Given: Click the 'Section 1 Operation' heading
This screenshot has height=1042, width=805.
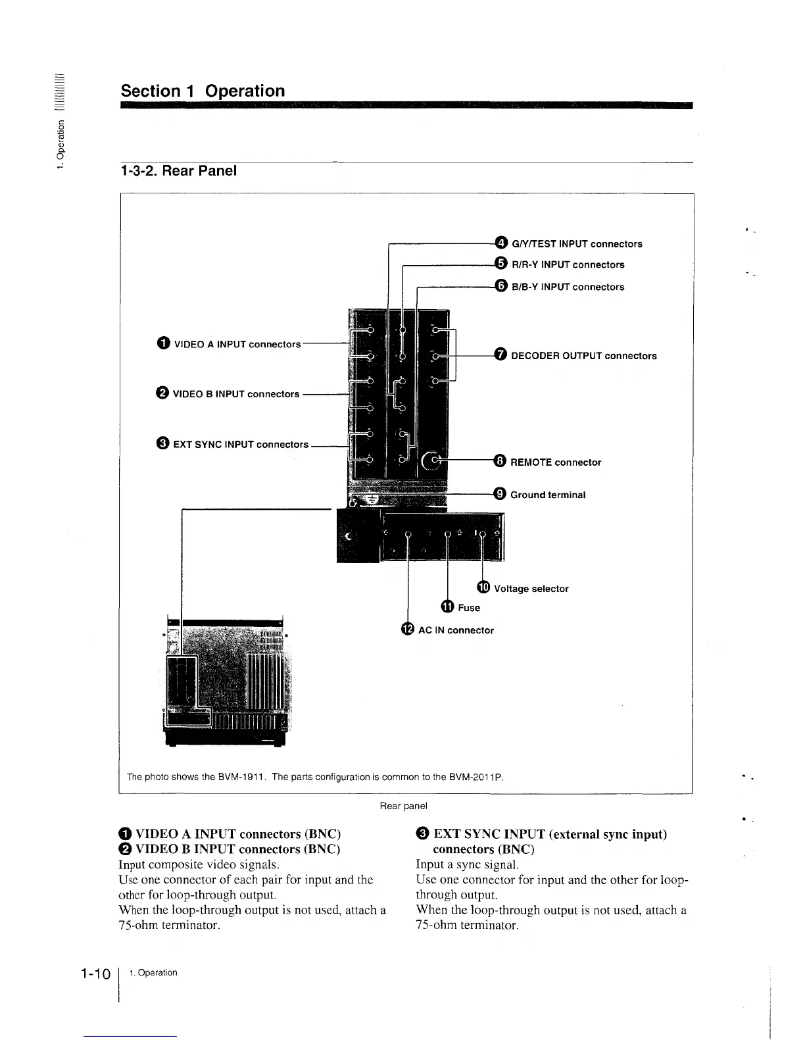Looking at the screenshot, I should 203,91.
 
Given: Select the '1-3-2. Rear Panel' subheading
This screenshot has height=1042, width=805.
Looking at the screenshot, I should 178,171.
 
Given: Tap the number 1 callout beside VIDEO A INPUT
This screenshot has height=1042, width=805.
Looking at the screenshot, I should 164,343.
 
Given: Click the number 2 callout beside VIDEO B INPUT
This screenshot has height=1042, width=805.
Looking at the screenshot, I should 162,393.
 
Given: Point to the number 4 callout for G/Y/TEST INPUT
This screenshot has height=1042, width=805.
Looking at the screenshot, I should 501,243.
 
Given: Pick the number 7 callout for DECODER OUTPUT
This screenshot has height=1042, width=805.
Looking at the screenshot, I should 500,355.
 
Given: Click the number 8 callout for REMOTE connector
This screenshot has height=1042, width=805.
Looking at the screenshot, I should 500,461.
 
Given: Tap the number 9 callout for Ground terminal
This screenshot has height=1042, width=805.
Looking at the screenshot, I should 500,494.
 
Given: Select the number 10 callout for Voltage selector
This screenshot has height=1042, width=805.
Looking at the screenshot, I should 483,587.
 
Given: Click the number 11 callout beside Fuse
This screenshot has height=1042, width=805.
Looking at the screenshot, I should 447,607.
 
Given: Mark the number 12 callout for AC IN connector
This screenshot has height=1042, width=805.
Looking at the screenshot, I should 408,630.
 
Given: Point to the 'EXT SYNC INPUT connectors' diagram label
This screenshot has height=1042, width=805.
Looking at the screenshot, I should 240,444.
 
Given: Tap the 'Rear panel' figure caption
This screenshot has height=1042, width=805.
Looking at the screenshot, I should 403,805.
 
